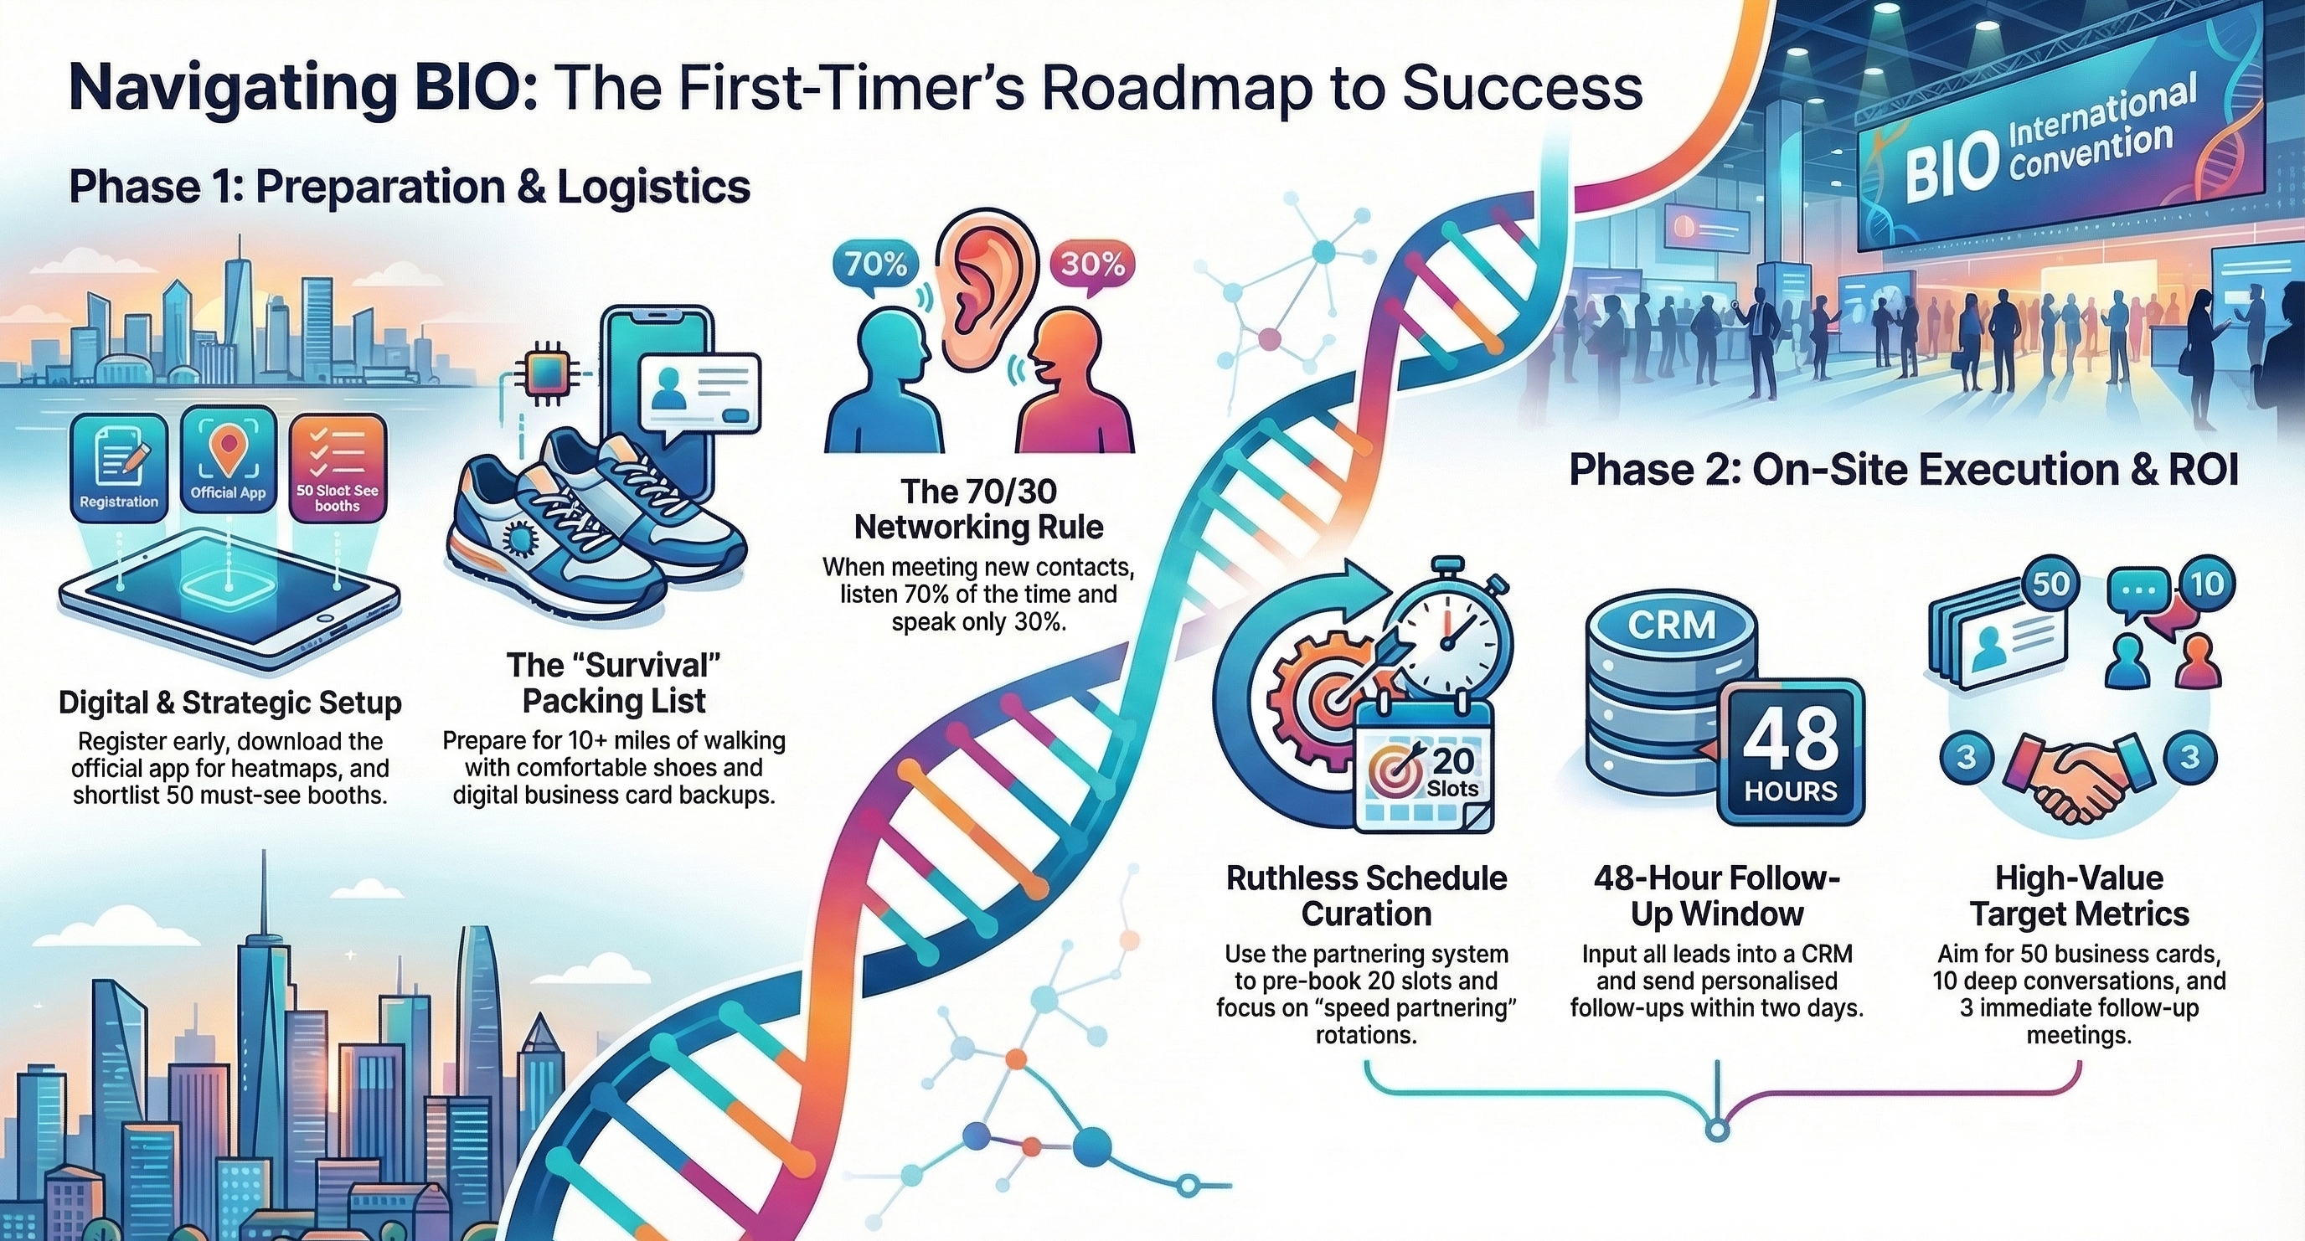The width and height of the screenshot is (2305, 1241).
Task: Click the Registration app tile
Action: point(119,468)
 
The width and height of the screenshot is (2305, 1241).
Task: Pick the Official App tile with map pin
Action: point(228,461)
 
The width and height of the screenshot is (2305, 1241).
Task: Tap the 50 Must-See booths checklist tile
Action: point(338,468)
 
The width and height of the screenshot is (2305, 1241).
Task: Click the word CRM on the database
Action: point(1672,626)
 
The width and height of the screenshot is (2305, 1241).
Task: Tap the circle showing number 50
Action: point(2051,584)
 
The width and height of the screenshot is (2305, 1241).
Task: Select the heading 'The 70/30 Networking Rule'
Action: point(979,509)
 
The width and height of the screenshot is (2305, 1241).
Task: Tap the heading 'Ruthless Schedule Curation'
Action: point(1366,896)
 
